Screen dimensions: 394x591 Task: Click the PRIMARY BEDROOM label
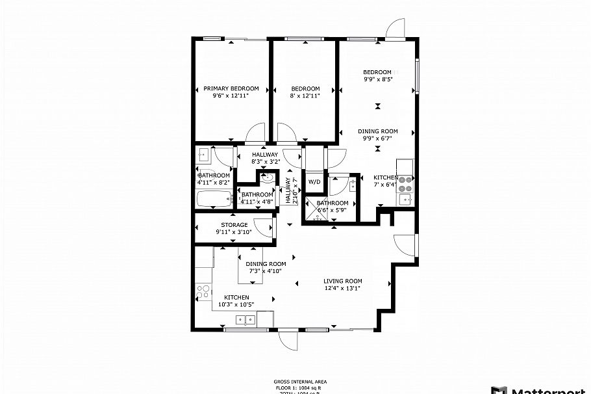231,88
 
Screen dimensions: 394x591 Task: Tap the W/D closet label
314,182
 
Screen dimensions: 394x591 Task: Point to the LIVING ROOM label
342,281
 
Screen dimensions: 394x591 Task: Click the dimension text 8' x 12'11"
305,96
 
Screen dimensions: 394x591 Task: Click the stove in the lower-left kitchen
203,292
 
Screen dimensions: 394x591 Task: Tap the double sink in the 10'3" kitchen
245,319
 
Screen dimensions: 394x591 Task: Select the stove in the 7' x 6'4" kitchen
407,183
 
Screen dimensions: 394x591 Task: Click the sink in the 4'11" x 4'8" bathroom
267,177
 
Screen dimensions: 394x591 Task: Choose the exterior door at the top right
395,29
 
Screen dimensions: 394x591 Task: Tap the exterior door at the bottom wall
286,340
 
